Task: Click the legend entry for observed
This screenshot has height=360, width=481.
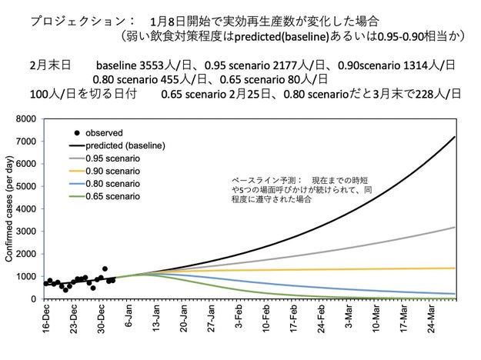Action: tap(103, 132)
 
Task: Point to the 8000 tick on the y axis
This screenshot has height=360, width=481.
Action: tap(26, 119)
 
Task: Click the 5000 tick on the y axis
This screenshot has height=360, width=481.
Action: tap(26, 187)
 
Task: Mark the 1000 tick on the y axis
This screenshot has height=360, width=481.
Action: tap(26, 276)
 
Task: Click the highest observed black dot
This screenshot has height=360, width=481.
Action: tap(105, 269)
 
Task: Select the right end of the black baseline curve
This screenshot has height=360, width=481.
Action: tap(456, 137)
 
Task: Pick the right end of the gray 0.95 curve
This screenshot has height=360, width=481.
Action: tap(456, 227)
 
